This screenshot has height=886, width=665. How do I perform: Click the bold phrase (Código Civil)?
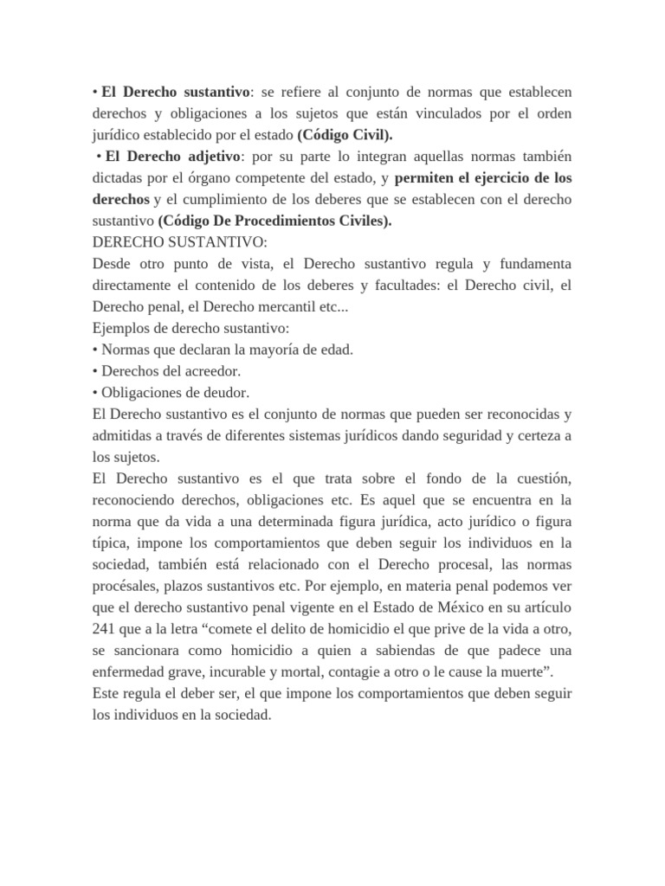tap(344, 136)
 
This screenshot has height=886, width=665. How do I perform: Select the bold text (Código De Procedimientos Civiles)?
tap(274, 221)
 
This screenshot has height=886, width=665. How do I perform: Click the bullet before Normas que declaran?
tap(95, 350)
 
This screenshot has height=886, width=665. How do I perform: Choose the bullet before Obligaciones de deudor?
tap(95, 392)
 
